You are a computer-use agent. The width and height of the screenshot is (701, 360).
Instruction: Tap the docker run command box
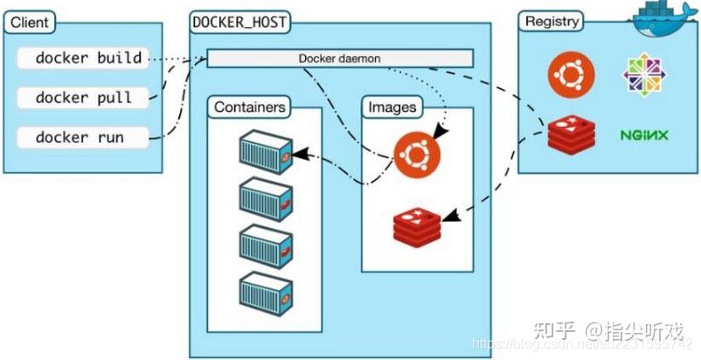tap(81, 137)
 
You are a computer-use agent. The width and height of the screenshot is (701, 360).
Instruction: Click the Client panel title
tap(30, 22)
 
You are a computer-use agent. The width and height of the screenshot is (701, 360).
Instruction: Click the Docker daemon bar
tap(339, 59)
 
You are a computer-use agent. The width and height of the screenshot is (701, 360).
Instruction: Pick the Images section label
tap(392, 107)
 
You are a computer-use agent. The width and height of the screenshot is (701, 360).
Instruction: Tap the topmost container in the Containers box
tap(266, 151)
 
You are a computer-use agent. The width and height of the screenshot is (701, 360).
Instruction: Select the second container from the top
tap(266, 198)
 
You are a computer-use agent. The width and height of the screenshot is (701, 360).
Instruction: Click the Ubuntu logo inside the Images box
tap(416, 156)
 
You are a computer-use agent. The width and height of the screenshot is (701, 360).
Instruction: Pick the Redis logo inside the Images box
tap(417, 225)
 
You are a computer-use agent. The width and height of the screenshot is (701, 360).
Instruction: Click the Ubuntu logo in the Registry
tap(566, 76)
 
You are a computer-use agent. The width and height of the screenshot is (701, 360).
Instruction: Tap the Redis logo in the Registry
tap(566, 135)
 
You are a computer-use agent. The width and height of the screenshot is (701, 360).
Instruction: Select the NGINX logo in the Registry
tap(644, 135)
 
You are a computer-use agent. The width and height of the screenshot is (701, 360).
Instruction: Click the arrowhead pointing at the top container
tap(300, 155)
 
